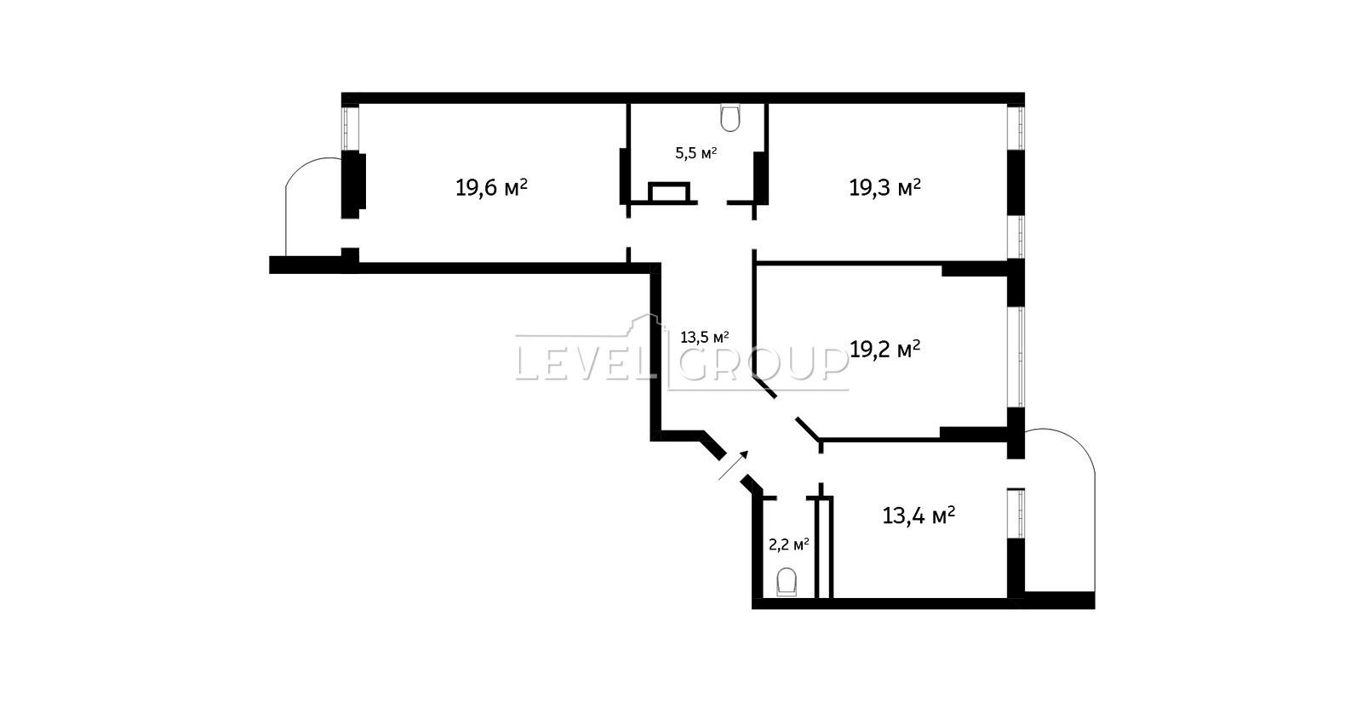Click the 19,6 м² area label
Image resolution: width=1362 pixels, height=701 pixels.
tap(491, 187)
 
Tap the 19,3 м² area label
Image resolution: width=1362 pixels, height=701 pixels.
tap(884, 187)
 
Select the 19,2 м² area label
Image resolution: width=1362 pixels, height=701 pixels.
tap(884, 349)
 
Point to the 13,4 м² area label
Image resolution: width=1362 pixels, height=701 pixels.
tap(918, 516)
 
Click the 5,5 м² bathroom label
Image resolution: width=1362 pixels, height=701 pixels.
tap(696, 152)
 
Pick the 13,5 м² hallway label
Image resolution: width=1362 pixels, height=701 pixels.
tap(705, 337)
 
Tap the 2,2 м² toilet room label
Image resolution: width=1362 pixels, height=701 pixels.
tap(788, 544)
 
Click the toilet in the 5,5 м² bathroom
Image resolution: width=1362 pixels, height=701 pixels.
tap(730, 118)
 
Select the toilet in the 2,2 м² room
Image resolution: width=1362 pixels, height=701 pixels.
tap(787, 582)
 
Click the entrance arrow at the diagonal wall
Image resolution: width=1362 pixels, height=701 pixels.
tap(733, 465)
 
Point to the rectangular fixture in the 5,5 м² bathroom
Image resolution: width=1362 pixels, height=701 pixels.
tap(669, 192)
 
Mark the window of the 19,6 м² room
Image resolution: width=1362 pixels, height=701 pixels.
tap(350, 128)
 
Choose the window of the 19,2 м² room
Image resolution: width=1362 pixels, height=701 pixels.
tap(1016, 356)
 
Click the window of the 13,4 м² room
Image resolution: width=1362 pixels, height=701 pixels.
tap(1016, 513)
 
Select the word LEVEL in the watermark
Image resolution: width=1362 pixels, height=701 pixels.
tap(585, 364)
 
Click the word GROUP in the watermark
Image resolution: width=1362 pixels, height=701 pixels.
tap(763, 364)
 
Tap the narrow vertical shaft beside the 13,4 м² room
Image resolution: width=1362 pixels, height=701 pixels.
tap(824, 548)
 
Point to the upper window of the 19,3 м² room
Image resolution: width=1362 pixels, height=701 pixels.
tap(1016, 128)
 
